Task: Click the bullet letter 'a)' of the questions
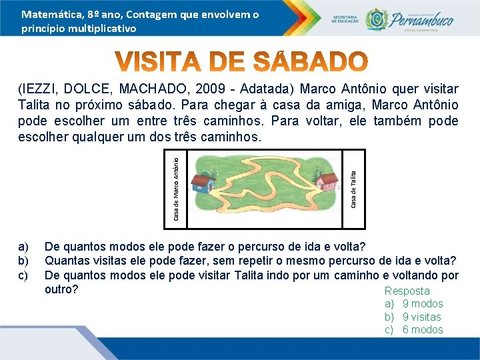23,247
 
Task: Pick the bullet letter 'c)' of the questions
23,275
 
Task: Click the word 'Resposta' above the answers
407,291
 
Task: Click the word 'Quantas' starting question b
67,261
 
